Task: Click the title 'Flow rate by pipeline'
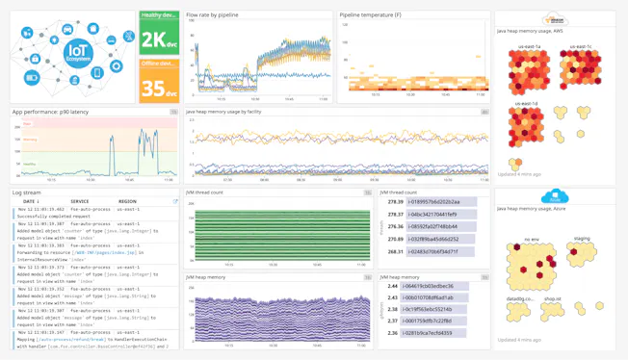tap(212, 15)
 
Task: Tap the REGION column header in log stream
tap(127, 201)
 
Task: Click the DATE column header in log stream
tap(29, 201)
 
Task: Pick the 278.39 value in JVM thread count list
tap(395, 202)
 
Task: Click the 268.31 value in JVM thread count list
tap(395, 251)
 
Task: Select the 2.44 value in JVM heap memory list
tap(392, 286)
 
